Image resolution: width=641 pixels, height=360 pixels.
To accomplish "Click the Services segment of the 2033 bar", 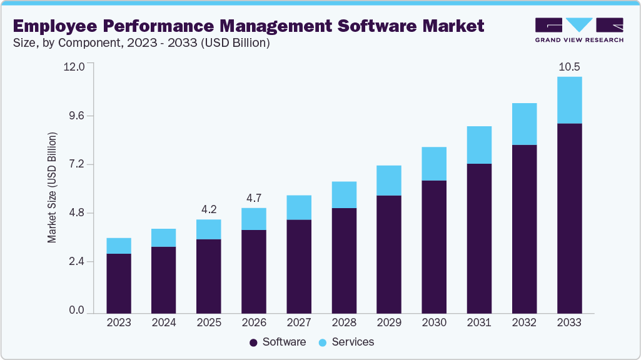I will pos(569,100).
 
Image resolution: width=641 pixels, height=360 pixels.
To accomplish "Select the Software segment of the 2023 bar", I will pos(119,283).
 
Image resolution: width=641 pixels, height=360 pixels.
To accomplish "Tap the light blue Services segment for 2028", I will pos(344,194).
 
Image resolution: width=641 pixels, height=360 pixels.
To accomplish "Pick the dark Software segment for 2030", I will pos(434,246).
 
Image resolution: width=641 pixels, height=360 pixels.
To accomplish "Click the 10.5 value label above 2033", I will pos(569,67).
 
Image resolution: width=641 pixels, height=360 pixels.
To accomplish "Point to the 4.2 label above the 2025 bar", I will pos(209,209).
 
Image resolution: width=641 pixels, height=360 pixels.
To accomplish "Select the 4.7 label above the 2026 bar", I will pos(254,198).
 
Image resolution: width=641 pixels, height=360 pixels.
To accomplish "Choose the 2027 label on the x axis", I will pos(299,322).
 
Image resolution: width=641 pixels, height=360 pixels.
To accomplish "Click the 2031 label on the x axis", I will pos(479,322).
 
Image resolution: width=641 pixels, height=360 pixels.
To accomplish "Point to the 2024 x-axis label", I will pos(164,322).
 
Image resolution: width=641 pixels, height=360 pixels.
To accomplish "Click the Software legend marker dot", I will pos(253,342).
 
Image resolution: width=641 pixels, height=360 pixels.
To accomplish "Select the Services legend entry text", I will pos(353,342).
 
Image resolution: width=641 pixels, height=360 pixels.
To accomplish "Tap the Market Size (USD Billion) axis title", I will pos(53,187).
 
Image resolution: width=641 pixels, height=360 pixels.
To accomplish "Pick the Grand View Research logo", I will pos(578,29).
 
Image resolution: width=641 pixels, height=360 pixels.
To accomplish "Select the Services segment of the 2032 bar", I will pos(524,124).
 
